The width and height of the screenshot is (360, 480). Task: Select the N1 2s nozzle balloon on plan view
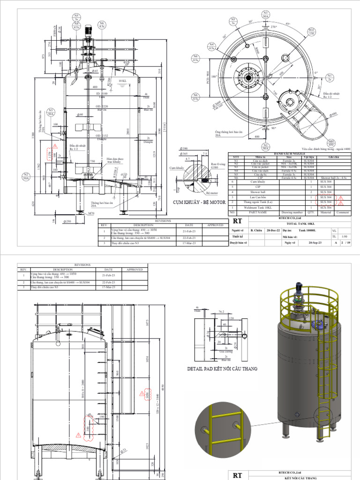tap(330, 77)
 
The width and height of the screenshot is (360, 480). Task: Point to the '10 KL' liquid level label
tap(122, 81)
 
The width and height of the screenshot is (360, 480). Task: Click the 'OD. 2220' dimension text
tap(102, 106)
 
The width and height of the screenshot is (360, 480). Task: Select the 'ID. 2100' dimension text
tap(102, 94)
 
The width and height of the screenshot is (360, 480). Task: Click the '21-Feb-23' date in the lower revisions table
tap(109, 276)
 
